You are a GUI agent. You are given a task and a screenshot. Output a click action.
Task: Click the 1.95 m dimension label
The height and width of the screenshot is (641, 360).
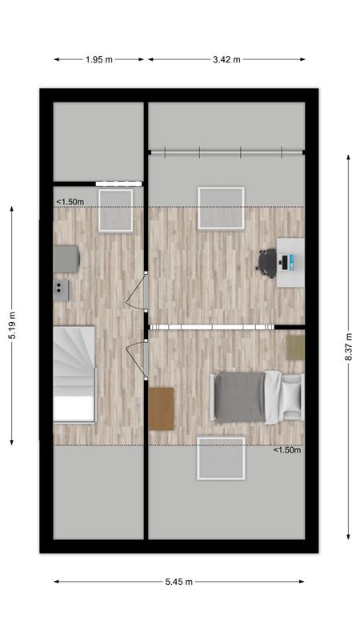tap(99, 58)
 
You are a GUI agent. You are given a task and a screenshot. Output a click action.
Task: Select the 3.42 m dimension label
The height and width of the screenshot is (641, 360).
tap(226, 58)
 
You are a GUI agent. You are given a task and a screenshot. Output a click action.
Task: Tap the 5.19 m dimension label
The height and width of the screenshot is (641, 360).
tap(12, 325)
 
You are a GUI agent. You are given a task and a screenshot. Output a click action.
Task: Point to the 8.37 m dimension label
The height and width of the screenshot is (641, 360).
tap(349, 347)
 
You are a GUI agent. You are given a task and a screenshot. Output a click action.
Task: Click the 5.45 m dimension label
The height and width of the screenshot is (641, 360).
tap(178, 582)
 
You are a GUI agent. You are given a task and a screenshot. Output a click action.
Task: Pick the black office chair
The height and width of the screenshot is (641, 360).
tap(267, 261)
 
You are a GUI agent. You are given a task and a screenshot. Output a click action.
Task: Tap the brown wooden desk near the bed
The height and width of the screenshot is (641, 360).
tap(161, 408)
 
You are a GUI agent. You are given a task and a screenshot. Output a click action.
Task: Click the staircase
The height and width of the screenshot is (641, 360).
tap(74, 373)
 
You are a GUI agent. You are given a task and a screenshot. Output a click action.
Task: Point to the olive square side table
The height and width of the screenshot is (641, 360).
tap(295, 347)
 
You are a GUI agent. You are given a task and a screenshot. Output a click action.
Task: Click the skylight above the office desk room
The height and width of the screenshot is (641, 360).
tap(221, 208)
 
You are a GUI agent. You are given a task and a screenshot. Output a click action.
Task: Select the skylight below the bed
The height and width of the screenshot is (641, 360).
tap(221, 458)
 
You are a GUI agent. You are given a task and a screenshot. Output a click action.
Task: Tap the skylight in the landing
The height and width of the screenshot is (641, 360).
tap(115, 210)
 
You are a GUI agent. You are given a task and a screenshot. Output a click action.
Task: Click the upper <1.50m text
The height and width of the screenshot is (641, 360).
tap(70, 202)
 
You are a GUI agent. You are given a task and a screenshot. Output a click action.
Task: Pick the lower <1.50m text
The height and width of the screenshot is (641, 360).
tap(287, 450)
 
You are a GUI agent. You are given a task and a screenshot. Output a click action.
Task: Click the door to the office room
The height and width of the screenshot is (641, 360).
tap(137, 290)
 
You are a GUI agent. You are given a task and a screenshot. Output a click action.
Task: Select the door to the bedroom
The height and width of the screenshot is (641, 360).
tap(137, 357)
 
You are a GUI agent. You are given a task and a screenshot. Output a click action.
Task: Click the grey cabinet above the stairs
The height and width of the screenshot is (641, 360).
tap(66, 258)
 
